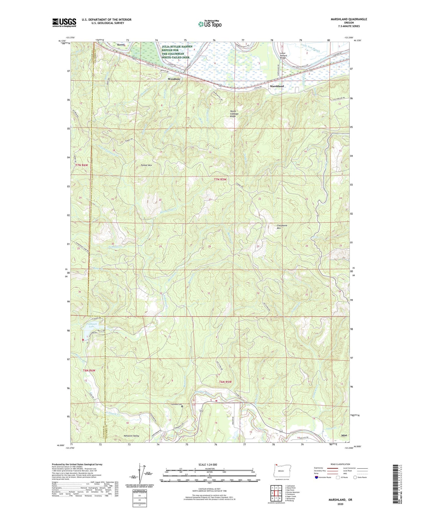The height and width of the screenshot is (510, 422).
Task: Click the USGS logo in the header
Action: point(64,22)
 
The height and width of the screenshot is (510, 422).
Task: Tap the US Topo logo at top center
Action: point(209,24)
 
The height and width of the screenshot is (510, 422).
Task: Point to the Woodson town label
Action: point(174,79)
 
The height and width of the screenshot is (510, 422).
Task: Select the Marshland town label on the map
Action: point(277,86)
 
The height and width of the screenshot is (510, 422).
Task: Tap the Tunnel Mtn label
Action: point(146,165)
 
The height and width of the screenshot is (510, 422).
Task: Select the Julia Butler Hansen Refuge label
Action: point(177,52)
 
